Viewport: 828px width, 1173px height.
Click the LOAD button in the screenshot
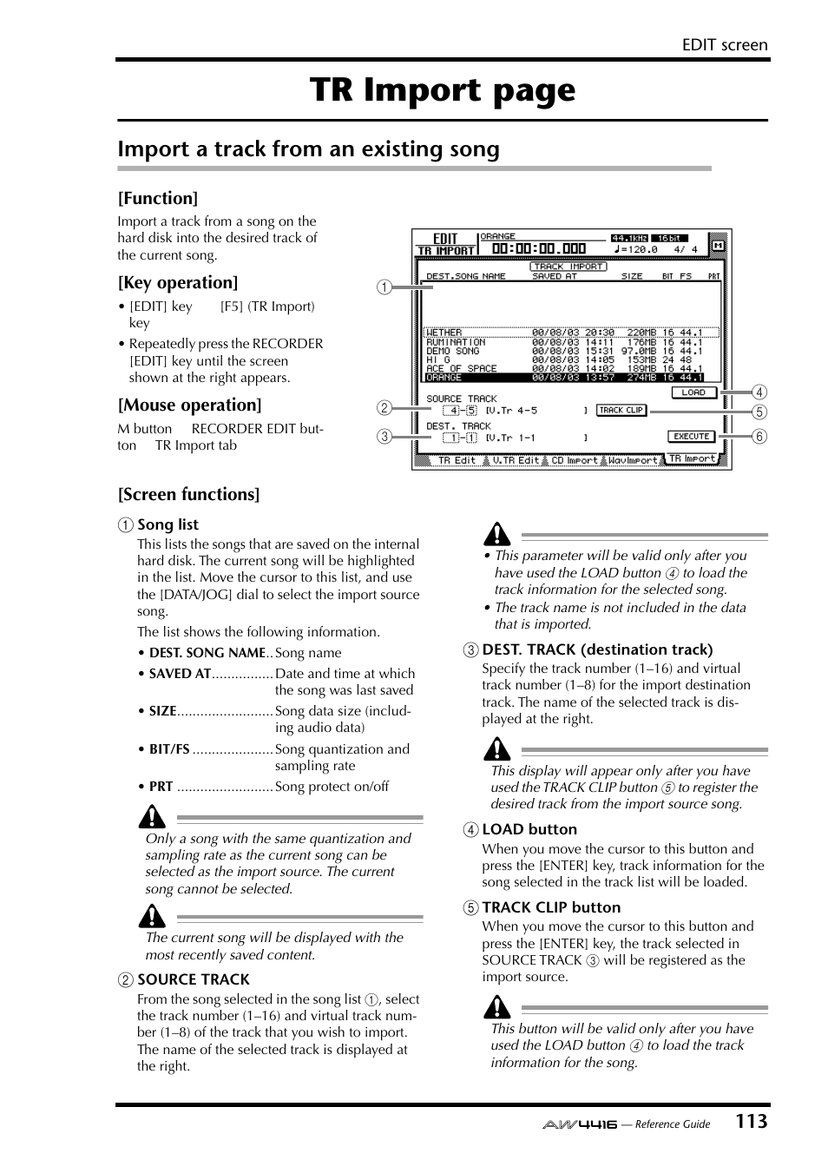pos(693,392)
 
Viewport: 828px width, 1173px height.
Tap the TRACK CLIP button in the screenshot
pos(621,410)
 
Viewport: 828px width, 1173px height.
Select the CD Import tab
pos(575,460)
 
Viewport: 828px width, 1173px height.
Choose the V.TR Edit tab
pos(516,460)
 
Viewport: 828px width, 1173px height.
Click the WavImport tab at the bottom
pos(633,460)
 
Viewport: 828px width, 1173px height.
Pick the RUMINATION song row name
pos(456,342)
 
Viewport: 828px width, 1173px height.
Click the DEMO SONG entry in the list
pos(452,351)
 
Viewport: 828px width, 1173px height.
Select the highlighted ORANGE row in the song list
pos(564,378)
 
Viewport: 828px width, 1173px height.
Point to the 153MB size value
pos(641,359)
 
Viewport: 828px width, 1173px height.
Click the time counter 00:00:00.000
pos(538,249)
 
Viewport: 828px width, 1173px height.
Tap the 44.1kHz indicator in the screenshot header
pos(629,238)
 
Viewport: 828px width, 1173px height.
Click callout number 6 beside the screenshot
pos(759,437)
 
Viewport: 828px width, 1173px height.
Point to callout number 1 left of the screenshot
pos(384,287)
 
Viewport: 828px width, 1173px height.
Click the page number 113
pos(751,1121)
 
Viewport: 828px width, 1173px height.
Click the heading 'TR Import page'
pos(443,90)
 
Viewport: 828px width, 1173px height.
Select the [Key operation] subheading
pos(178,282)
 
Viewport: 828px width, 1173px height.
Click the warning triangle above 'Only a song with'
pos(153,817)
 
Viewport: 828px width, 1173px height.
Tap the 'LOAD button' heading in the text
pos(529,829)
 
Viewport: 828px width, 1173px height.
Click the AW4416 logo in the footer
pos(580,1124)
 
